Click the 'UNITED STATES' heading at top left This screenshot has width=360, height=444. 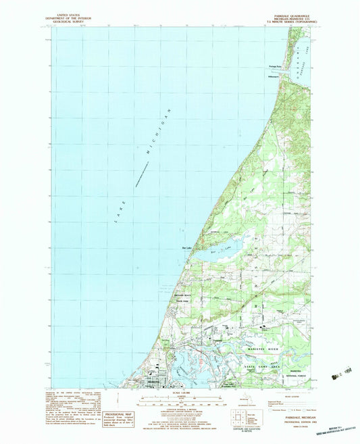coord(68,13)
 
